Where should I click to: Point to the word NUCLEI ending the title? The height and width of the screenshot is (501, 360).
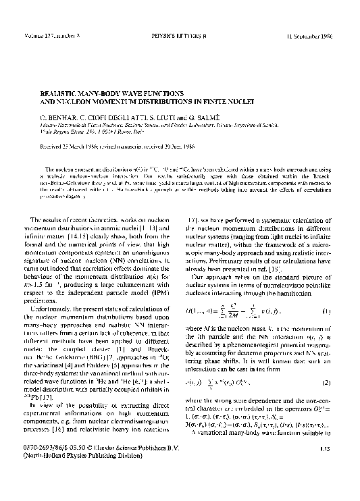tap(238, 101)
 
